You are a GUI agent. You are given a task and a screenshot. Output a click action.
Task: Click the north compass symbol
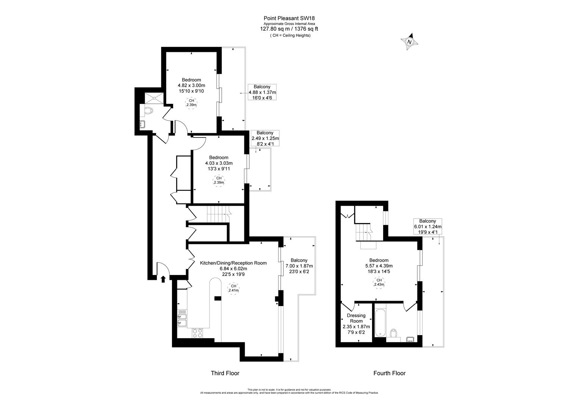[x=409, y=42]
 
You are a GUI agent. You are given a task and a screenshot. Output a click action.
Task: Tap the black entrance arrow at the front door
[x=163, y=279]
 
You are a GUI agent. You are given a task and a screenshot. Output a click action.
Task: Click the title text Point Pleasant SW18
[x=289, y=18]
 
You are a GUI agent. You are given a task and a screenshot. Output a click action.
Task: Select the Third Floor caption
[x=225, y=373]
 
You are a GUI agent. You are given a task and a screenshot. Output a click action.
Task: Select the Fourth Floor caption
[x=389, y=373]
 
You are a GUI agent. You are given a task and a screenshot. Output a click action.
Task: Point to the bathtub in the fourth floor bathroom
[x=379, y=322]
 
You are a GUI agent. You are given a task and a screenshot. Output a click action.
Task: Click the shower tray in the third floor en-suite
[x=155, y=98]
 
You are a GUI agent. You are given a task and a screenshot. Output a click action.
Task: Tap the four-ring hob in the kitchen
[x=197, y=333]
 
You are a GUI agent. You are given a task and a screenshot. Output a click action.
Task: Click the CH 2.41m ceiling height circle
[x=233, y=289]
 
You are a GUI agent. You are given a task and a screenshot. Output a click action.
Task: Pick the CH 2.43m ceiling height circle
[x=379, y=283]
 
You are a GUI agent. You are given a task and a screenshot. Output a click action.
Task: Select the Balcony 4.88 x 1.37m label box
[x=262, y=92]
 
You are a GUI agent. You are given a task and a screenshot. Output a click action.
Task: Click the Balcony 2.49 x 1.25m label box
[x=265, y=138]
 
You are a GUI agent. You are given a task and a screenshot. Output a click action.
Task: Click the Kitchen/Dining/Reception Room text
[x=233, y=263]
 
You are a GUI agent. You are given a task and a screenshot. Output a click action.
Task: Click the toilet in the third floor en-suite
[x=149, y=111]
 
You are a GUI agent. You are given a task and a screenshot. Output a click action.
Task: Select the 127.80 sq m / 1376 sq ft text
[x=289, y=28]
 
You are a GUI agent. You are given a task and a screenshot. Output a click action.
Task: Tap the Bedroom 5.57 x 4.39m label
[x=379, y=265]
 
